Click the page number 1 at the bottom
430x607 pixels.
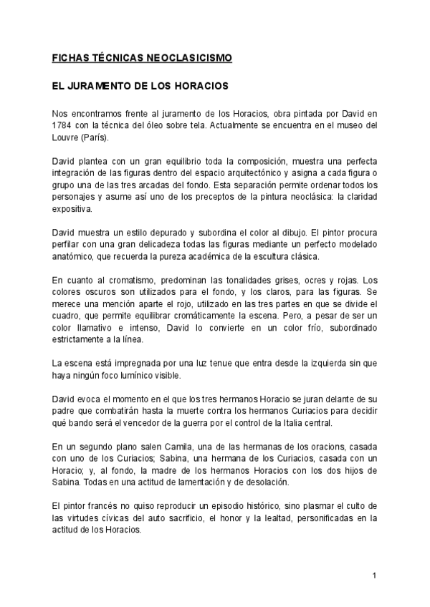pyautogui.click(x=375, y=576)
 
